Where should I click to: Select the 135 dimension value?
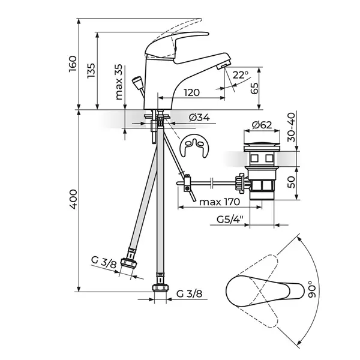click(91, 70)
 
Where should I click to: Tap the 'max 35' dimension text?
click(119, 82)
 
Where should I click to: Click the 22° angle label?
click(240, 75)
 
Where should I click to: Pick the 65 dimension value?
click(254, 89)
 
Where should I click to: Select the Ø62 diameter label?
click(262, 125)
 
